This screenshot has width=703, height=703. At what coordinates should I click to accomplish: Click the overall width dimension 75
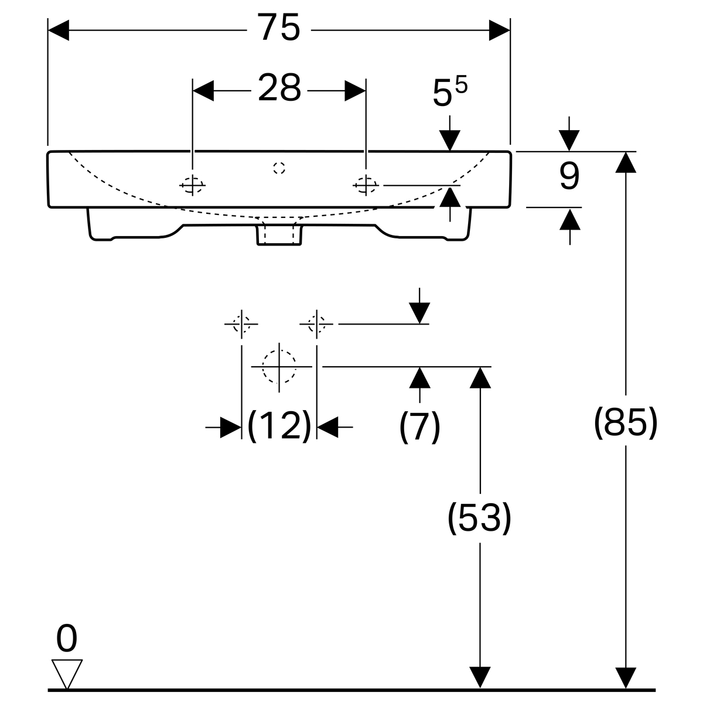(279, 29)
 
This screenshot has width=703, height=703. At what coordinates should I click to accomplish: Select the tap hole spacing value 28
(279, 89)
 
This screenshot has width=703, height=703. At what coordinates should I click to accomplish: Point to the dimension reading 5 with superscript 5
(450, 93)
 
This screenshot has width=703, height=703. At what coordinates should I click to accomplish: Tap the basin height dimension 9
(569, 177)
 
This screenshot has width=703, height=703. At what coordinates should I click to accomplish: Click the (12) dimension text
(279, 425)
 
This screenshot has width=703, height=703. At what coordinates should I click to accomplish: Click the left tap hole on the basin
(192, 186)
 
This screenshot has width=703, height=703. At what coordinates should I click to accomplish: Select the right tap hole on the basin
(366, 186)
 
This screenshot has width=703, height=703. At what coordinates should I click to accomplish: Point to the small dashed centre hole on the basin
(279, 168)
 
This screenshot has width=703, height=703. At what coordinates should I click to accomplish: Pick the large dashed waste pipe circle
(279, 367)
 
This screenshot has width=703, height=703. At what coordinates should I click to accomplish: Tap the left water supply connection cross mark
(241, 323)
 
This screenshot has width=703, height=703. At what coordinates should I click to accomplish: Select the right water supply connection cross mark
(316, 323)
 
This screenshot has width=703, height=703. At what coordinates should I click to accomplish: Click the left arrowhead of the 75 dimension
(58, 30)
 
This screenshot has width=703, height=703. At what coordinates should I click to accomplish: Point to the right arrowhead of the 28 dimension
(355, 90)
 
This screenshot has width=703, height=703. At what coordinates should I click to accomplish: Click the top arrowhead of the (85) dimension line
(626, 162)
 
